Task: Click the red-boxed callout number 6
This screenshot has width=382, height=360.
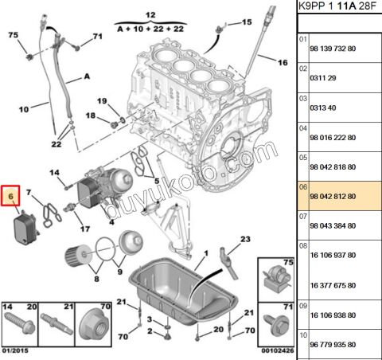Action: pyautogui.click(x=12, y=194)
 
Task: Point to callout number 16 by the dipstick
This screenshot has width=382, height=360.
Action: pyautogui.click(x=283, y=61)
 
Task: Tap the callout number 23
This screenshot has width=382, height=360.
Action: pyautogui.click(x=245, y=239)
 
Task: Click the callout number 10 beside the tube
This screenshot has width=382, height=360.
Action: pyautogui.click(x=23, y=108)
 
